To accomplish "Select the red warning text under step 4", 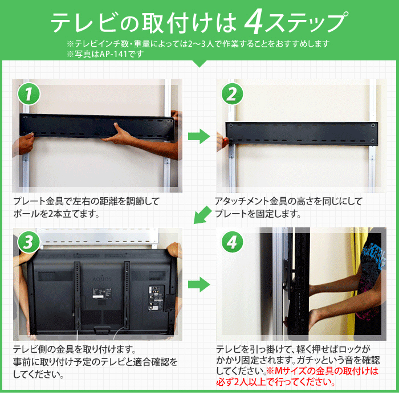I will (323, 377).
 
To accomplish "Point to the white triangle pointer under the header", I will (199, 63).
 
